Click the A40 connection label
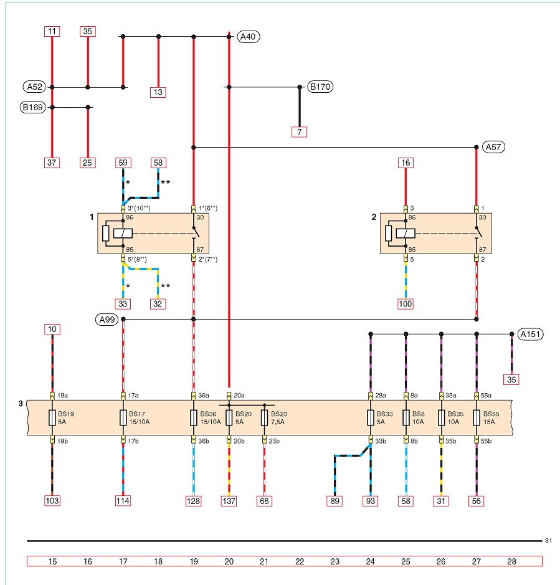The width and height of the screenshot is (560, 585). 248,37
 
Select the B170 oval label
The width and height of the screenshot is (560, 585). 320,87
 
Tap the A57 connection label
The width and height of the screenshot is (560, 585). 493,147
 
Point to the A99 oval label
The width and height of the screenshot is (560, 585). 107,320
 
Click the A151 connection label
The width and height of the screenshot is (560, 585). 530,335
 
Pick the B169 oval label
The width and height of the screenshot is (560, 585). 33,107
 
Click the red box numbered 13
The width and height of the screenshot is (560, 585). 158,92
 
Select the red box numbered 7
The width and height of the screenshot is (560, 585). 299,132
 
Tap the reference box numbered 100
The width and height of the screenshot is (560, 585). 406,303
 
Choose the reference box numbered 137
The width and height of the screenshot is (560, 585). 229,501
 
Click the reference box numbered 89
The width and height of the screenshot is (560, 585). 335,501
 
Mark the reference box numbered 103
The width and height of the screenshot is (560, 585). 52,501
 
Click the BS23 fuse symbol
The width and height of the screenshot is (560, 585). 265,418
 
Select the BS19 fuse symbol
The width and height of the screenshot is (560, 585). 52,418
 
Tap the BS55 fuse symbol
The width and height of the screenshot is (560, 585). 477,418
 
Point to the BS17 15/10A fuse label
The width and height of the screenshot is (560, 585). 139,418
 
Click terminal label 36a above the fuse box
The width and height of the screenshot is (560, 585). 204,396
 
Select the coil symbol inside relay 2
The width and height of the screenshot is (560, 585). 406,234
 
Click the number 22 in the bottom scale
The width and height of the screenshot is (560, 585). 300,561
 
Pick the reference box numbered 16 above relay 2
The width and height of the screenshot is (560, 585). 406,163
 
